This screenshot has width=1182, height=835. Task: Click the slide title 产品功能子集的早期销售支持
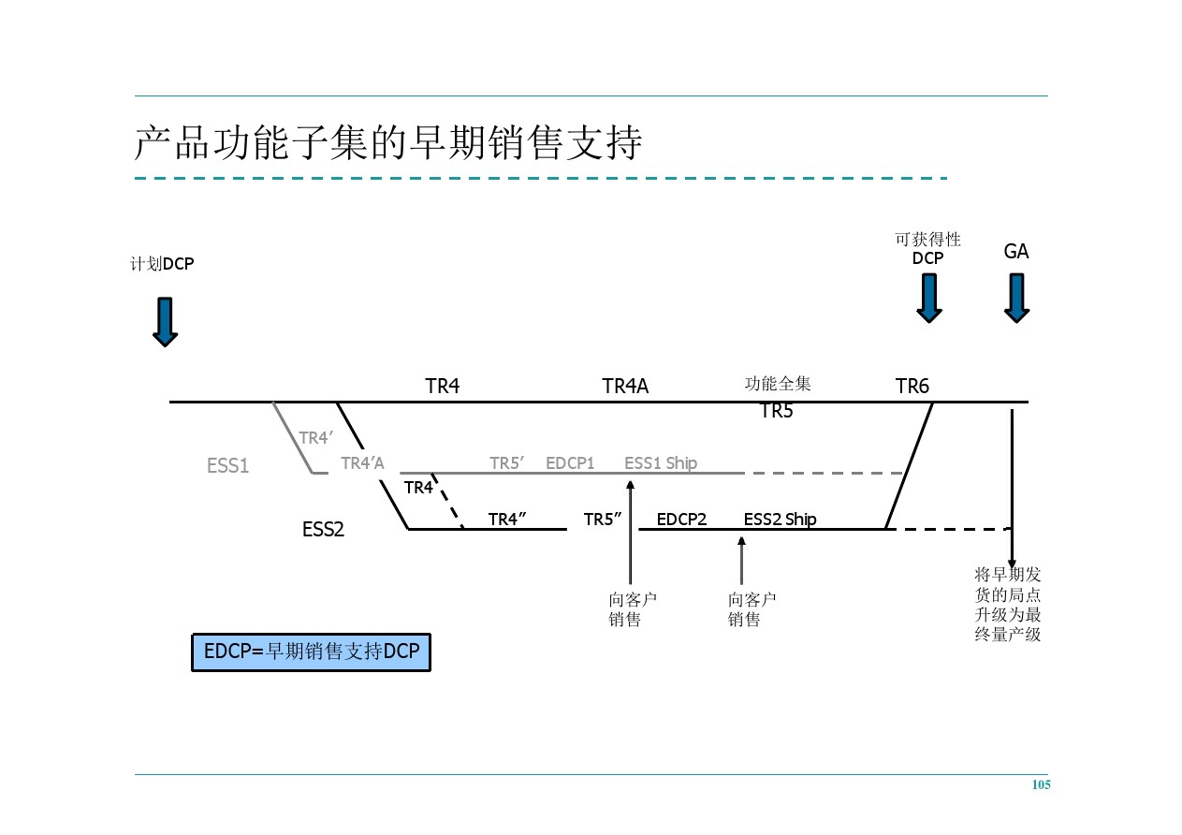click(x=388, y=143)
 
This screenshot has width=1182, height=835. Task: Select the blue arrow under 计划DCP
click(x=165, y=322)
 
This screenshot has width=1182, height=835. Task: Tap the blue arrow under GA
click(x=1016, y=298)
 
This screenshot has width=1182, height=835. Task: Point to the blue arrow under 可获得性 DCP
click(x=928, y=298)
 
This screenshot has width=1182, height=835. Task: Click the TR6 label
click(x=912, y=387)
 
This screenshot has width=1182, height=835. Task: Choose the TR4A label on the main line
click(x=624, y=387)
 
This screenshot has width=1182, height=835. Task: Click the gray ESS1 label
click(x=227, y=466)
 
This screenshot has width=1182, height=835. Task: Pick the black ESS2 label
click(x=323, y=530)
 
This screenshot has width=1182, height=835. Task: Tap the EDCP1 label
click(x=570, y=463)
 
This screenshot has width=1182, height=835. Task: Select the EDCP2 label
click(x=681, y=520)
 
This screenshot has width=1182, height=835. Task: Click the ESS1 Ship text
click(x=661, y=463)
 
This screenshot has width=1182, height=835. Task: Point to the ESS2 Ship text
click(x=780, y=520)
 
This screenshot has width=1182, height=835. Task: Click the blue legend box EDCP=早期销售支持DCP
click(x=311, y=652)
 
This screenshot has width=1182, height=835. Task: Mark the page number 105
click(x=1041, y=785)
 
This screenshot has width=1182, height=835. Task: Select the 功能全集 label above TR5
click(x=778, y=384)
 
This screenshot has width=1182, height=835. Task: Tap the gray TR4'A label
click(x=362, y=463)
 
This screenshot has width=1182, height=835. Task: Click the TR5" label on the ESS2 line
click(x=603, y=520)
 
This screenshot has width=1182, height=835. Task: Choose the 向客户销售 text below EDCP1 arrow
click(x=633, y=609)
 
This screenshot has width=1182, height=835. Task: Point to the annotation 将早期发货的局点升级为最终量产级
click(x=1008, y=605)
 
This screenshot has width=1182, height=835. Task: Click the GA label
click(x=1015, y=252)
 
